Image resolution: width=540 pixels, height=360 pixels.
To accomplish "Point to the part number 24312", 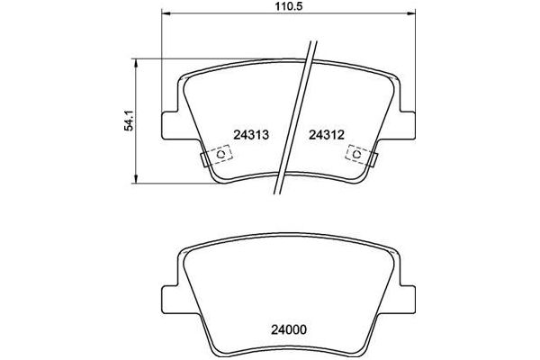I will pyautogui.click(x=328, y=134).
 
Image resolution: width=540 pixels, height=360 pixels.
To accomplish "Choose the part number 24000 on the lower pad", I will pyautogui.click(x=280, y=329).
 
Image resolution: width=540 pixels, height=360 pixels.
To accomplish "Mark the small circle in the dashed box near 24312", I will pyautogui.click(x=357, y=154).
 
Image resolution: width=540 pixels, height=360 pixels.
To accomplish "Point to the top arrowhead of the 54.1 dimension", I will pyautogui.click(x=135, y=61).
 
